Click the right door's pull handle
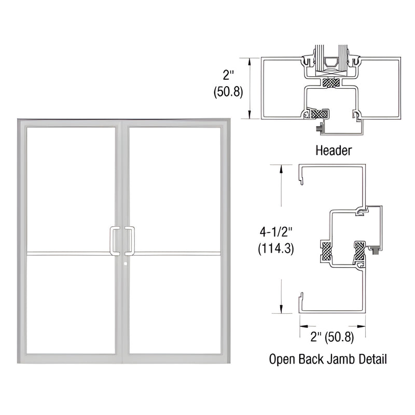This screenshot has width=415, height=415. [132, 241]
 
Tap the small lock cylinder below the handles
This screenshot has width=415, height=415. [126, 264]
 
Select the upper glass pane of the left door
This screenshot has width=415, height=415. [71, 189]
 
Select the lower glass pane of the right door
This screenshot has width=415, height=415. [175, 305]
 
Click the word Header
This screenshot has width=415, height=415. [334, 150]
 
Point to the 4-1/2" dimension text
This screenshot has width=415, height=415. [276, 232]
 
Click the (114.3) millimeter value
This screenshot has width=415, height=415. [276, 248]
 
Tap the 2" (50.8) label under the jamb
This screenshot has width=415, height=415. [332, 337]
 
